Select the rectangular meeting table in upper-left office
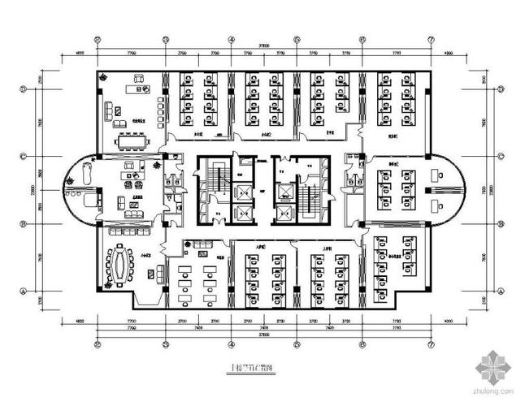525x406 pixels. tap(132, 140)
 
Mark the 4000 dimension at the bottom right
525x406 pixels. tap(446, 323)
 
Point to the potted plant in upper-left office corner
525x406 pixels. tap(103, 76)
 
